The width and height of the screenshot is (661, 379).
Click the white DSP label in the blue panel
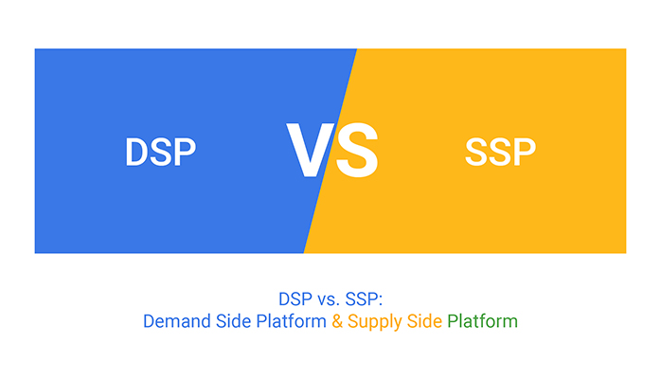pos(161,152)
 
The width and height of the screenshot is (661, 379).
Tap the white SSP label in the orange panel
pos(500,152)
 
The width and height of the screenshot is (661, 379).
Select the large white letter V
pos(311,150)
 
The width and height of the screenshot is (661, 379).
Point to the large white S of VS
pos(357,150)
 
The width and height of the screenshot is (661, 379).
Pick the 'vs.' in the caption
pos(329,299)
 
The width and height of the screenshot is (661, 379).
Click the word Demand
pos(177,321)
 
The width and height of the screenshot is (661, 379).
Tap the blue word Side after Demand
pos(233,321)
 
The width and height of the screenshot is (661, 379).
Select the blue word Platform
pos(291,321)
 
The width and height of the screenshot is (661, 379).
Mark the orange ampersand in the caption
pos(337,321)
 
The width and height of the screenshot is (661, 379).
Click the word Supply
pos(375,322)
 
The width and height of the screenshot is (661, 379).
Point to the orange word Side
pos(424,321)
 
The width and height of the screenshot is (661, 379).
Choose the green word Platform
pos(482,321)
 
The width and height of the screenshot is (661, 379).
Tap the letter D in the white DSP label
pos(137,152)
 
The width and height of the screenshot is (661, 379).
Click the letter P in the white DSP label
pos(185,152)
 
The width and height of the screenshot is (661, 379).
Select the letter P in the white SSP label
pos(525,152)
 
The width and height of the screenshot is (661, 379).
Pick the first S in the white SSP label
pos(476,152)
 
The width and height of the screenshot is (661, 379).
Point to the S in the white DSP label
pos(161,152)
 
